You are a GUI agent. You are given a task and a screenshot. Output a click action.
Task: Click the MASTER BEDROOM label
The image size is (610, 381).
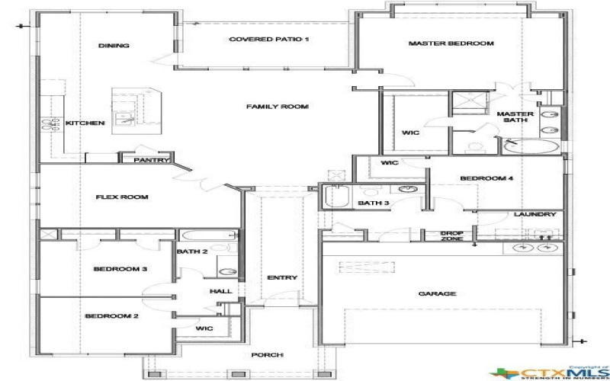click(451, 44)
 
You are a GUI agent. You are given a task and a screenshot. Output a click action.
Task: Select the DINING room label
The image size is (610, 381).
click(114, 46)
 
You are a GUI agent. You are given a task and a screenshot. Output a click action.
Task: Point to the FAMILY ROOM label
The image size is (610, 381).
click(277, 107)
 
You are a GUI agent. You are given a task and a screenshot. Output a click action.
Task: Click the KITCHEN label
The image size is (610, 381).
click(85, 123)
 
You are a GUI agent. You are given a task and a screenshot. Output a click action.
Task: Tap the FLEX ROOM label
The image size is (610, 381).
click(121, 197)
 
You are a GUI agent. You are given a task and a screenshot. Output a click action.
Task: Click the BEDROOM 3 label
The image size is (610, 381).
click(120, 269)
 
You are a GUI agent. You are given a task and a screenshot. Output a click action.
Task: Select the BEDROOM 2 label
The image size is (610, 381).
click(111, 316)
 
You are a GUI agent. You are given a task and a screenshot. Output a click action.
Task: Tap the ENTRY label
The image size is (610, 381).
click(282, 278)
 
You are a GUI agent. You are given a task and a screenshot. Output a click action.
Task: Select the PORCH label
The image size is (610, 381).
click(271, 355)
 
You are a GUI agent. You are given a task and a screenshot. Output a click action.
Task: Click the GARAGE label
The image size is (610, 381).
click(437, 293)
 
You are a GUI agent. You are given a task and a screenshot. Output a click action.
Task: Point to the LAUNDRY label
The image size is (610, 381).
click(535, 215)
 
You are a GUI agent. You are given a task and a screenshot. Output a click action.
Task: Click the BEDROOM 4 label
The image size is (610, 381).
click(486, 179)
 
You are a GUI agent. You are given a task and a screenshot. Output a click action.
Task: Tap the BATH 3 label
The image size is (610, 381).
click(374, 203)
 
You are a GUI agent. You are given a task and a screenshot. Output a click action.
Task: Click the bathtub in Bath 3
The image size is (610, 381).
click(335, 198)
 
